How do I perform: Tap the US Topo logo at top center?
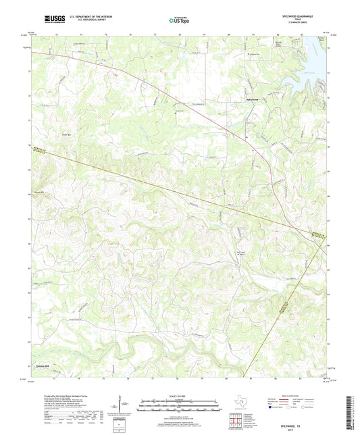pos(179,20)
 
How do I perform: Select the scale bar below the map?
pos(179,405)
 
